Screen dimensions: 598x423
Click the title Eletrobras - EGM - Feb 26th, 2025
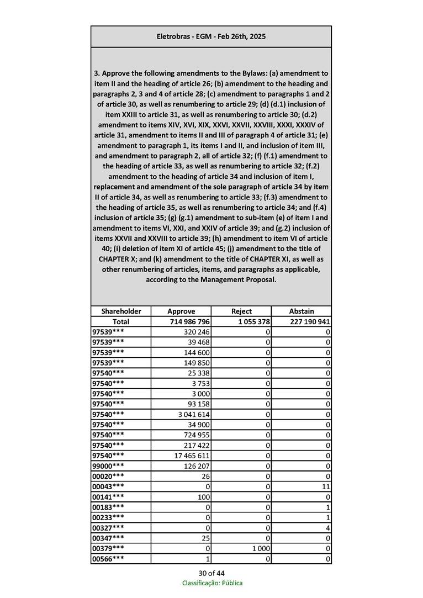click(x=211, y=36)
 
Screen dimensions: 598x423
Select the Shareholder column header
click(x=121, y=311)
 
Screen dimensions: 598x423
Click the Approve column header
click(x=181, y=311)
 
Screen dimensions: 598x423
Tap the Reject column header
click(x=241, y=311)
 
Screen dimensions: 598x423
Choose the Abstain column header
click(x=302, y=311)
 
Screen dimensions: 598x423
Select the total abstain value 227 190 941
click(x=309, y=321)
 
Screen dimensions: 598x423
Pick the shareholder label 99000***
click(x=108, y=466)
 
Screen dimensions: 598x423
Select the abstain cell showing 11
click(x=326, y=486)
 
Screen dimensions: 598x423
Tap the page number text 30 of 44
click(x=212, y=573)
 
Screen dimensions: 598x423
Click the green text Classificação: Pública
click(x=212, y=583)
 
